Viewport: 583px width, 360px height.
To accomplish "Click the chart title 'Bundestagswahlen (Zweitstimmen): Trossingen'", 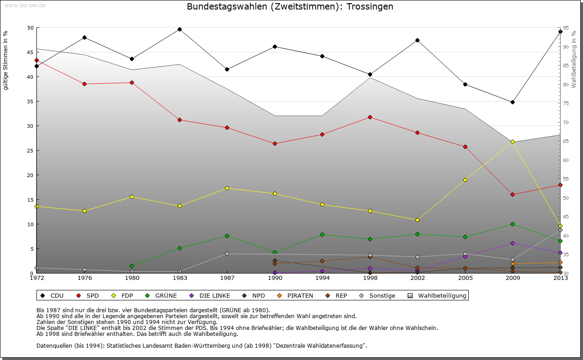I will [290, 7].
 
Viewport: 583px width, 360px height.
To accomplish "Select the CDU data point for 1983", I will [179, 30].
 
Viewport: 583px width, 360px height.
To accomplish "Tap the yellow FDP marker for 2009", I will [513, 142].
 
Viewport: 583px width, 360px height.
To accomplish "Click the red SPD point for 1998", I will [370, 117].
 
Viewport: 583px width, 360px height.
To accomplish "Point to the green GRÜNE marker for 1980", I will [132, 266].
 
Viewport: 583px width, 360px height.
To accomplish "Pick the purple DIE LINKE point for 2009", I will [513, 243].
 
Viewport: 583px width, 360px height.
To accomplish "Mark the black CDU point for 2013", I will [560, 32].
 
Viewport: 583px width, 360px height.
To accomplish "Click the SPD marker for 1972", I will [36, 61].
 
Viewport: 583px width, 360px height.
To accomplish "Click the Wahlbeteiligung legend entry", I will [437, 296].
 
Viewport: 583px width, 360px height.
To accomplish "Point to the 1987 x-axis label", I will [227, 278].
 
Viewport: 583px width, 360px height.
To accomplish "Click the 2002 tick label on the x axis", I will [418, 278].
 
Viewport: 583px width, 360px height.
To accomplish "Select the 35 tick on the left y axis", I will [31, 101].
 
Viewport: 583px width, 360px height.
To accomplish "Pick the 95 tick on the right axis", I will [565, 28].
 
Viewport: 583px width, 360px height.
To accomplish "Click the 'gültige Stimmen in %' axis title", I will [6, 60].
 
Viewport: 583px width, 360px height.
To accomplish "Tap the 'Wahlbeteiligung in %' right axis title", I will [574, 60].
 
